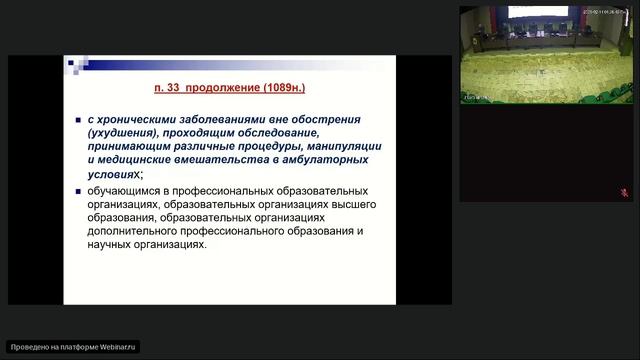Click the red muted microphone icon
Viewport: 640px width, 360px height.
pyautogui.click(x=624, y=192)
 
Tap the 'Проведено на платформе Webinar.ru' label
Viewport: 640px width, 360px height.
pyautogui.click(x=73, y=347)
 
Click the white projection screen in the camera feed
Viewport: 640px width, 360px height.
pyautogui.click(x=538, y=12)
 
